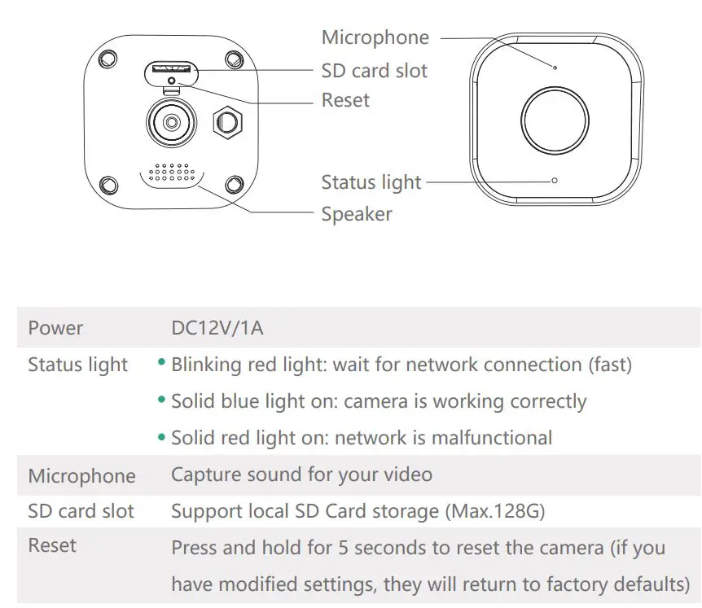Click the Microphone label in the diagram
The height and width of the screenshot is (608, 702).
tap(375, 37)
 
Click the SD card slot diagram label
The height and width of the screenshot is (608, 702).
tap(374, 71)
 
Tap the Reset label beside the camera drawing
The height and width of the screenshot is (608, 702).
tap(345, 101)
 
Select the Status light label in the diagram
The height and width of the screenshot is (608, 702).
tap(371, 182)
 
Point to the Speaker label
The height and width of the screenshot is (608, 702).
tap(357, 215)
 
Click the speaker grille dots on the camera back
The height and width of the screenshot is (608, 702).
tap(172, 173)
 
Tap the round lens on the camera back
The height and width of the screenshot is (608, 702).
tap(171, 122)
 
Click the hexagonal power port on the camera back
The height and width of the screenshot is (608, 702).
tap(227, 122)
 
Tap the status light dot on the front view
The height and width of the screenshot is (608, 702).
tap(555, 181)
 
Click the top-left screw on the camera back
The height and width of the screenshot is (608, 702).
tap(107, 59)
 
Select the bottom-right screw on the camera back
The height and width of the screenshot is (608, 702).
tap(235, 184)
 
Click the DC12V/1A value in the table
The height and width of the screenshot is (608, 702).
tap(217, 328)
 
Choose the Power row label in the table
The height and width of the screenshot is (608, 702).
tap(55, 328)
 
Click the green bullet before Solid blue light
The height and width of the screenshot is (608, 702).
tap(162, 401)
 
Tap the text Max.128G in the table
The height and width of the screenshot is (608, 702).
tap(501, 511)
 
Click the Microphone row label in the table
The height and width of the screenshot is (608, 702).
tap(81, 475)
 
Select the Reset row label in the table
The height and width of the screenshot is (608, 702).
tap(52, 545)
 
